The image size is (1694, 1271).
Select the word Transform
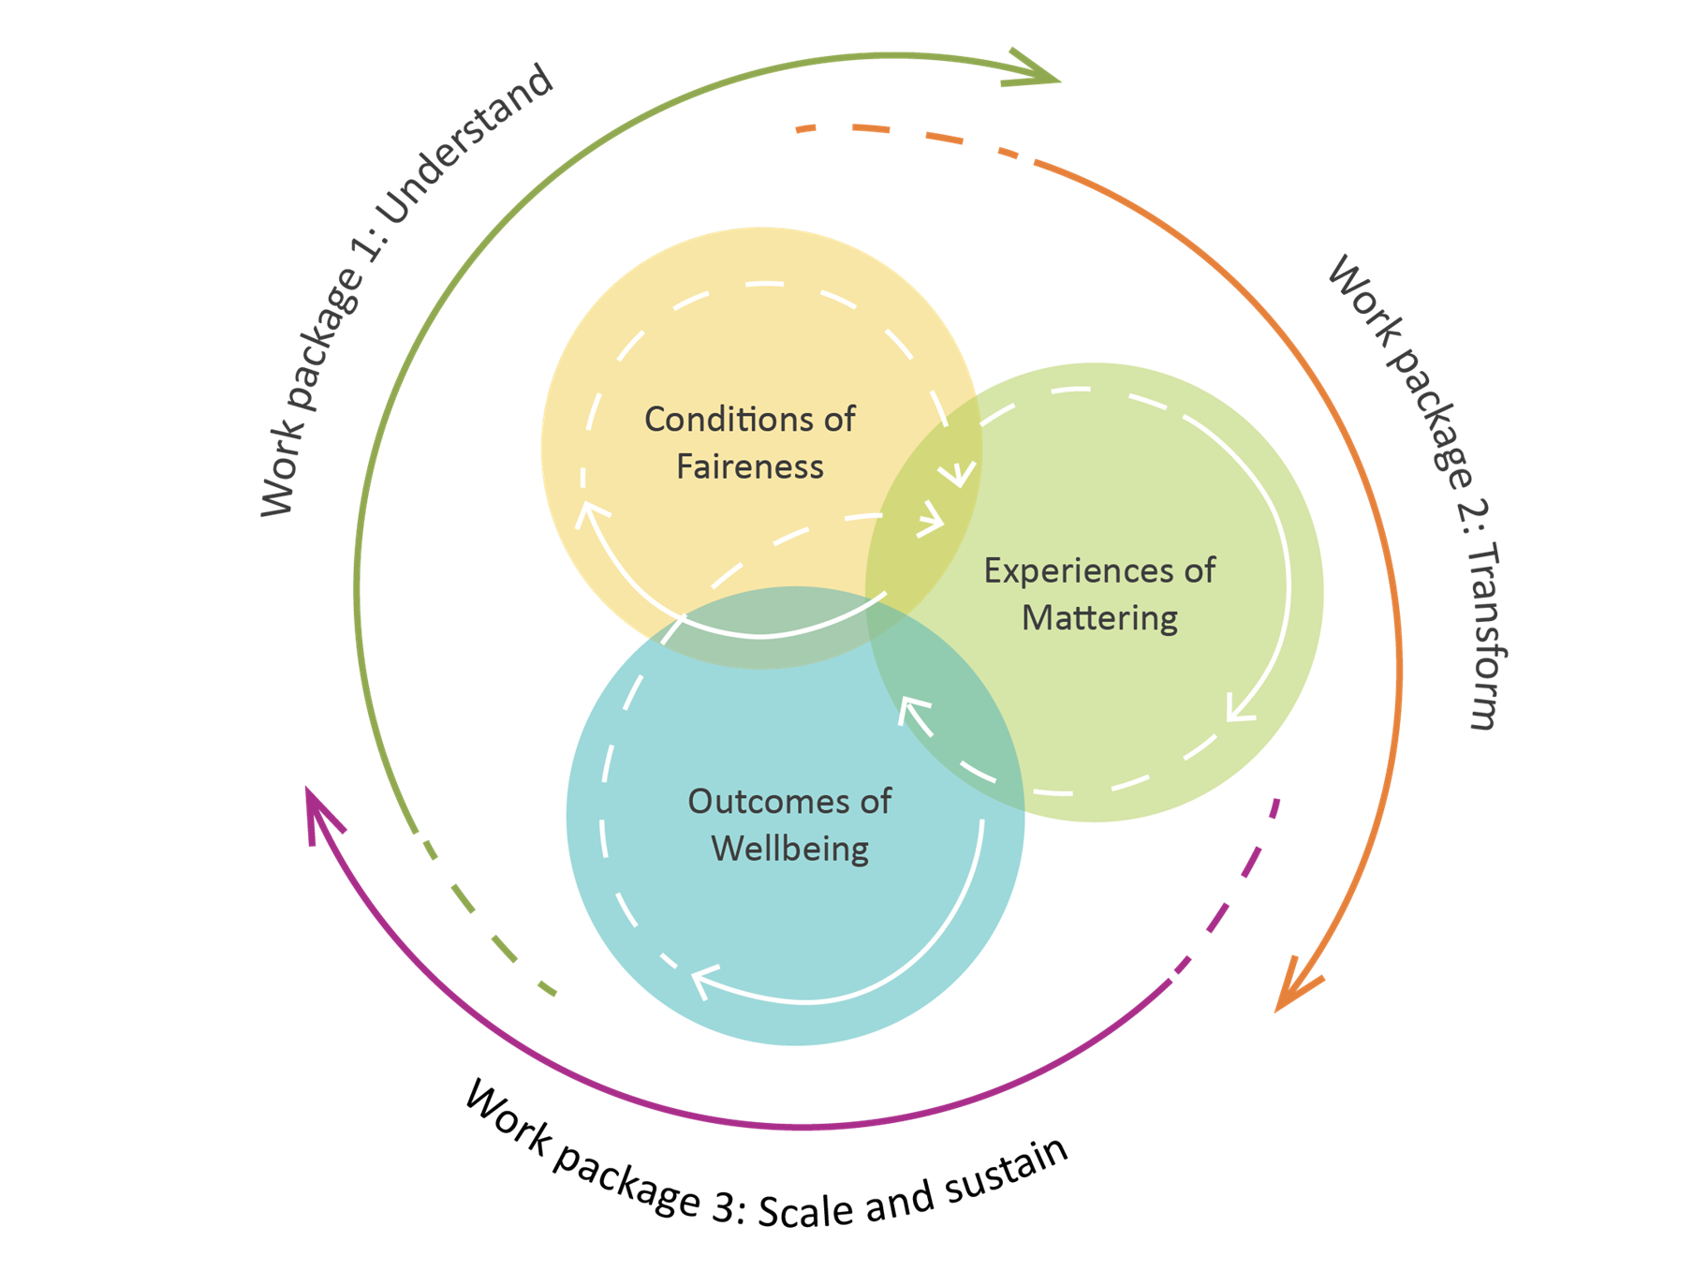[1483, 636]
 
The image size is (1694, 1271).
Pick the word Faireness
[750, 466]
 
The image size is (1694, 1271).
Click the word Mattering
[1099, 619]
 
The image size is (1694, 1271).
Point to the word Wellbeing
[790, 850]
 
